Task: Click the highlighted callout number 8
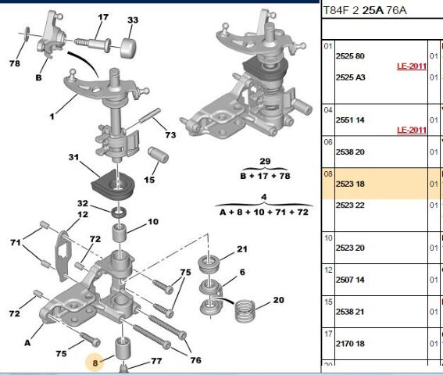click(95, 362)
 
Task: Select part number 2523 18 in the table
click(350, 184)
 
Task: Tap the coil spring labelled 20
click(245, 311)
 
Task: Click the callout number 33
click(133, 20)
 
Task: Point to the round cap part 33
click(129, 48)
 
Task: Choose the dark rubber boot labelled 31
click(113, 185)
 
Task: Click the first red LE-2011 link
click(412, 66)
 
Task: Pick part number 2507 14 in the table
click(350, 280)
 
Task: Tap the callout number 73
click(170, 135)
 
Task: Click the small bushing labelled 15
click(158, 155)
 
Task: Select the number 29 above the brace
click(265, 161)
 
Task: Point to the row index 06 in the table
click(328, 142)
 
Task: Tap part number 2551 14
click(350, 120)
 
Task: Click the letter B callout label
click(39, 77)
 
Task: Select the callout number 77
click(156, 361)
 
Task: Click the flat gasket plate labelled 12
click(63, 255)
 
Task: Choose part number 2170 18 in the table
click(350, 344)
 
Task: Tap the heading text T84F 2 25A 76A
click(365, 10)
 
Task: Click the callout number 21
click(242, 249)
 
